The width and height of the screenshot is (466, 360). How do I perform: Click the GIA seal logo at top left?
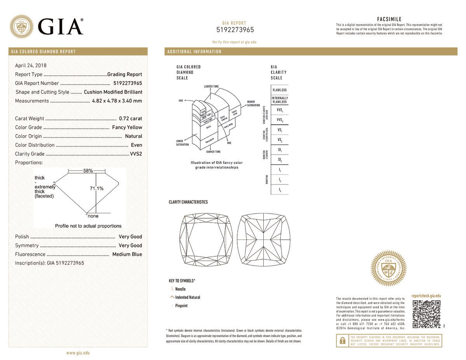click(x=21, y=26)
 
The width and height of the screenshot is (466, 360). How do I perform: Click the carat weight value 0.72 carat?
click(x=130, y=118)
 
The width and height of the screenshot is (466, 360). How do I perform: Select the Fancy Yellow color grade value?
click(x=127, y=127)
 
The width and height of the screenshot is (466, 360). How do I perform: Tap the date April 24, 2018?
click(x=31, y=66)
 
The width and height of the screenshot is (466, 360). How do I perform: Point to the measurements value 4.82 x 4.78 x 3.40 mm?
click(x=117, y=101)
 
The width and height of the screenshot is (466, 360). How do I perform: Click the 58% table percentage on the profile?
click(x=88, y=171)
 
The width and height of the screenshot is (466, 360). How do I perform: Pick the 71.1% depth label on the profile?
click(x=97, y=189)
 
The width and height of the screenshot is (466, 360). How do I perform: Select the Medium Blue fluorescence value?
click(x=127, y=254)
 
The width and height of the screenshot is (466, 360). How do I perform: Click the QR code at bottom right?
click(x=426, y=314)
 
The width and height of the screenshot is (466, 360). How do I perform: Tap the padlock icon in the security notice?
click(x=343, y=341)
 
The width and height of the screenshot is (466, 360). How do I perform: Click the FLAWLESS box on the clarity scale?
click(x=280, y=90)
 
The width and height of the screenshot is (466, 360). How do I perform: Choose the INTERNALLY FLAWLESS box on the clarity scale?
click(x=280, y=100)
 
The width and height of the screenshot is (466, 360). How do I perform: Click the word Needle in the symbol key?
click(x=181, y=289)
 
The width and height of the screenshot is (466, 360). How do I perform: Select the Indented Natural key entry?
click(x=188, y=297)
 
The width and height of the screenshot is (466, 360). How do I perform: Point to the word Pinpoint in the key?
click(x=181, y=306)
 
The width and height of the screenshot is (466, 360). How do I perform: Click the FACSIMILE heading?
click(x=389, y=19)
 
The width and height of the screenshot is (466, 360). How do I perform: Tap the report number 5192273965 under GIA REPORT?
click(x=235, y=30)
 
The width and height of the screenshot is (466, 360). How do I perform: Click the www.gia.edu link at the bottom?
click(x=78, y=353)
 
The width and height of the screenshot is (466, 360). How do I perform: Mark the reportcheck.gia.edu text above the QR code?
click(x=426, y=296)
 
